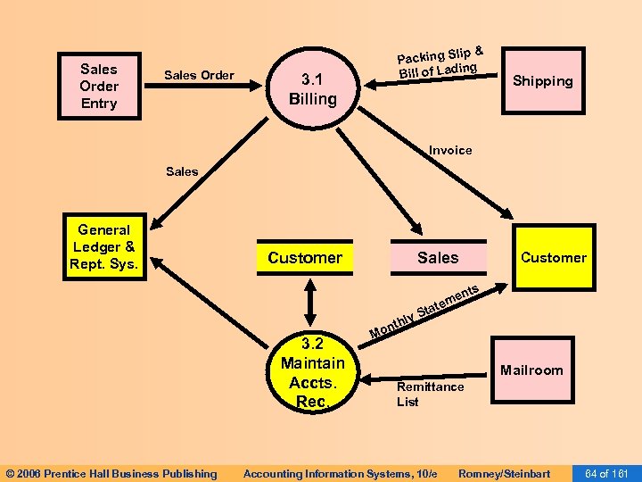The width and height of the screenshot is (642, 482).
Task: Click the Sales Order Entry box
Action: (x=98, y=86)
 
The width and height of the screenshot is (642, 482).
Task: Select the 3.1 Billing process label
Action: (x=312, y=89)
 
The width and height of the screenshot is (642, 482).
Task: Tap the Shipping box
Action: (x=542, y=81)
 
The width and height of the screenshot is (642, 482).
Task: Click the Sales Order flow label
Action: (x=199, y=75)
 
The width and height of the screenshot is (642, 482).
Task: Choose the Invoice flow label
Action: (x=450, y=150)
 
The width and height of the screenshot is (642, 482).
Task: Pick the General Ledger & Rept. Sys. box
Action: (x=104, y=247)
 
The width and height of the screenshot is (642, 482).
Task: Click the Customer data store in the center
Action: (x=305, y=258)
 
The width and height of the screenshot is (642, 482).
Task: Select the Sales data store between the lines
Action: (x=438, y=258)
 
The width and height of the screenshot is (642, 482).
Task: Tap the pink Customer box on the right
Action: (x=553, y=257)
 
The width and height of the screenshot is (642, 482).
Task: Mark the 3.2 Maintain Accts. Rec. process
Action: (x=312, y=373)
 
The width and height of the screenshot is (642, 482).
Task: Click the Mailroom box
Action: (x=531, y=370)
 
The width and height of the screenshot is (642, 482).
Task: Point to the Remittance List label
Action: (x=430, y=394)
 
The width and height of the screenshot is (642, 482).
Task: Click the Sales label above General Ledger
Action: (x=182, y=171)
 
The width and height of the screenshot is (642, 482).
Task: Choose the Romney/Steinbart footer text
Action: (x=504, y=473)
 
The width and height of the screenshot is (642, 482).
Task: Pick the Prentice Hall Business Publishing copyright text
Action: (x=111, y=473)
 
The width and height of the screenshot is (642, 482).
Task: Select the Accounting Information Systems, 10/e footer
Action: (x=341, y=473)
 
